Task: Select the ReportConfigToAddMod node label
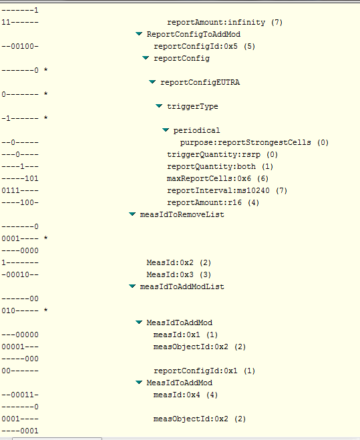[194, 34]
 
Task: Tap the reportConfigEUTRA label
[200, 83]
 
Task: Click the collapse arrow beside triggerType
[159, 106]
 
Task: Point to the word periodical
[196, 130]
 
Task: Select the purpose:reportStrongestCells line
[254, 143]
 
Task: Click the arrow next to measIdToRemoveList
[132, 214]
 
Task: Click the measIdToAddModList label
[182, 287]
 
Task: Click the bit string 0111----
[20, 190]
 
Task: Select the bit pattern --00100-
[20, 46]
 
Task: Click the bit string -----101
[20, 178]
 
